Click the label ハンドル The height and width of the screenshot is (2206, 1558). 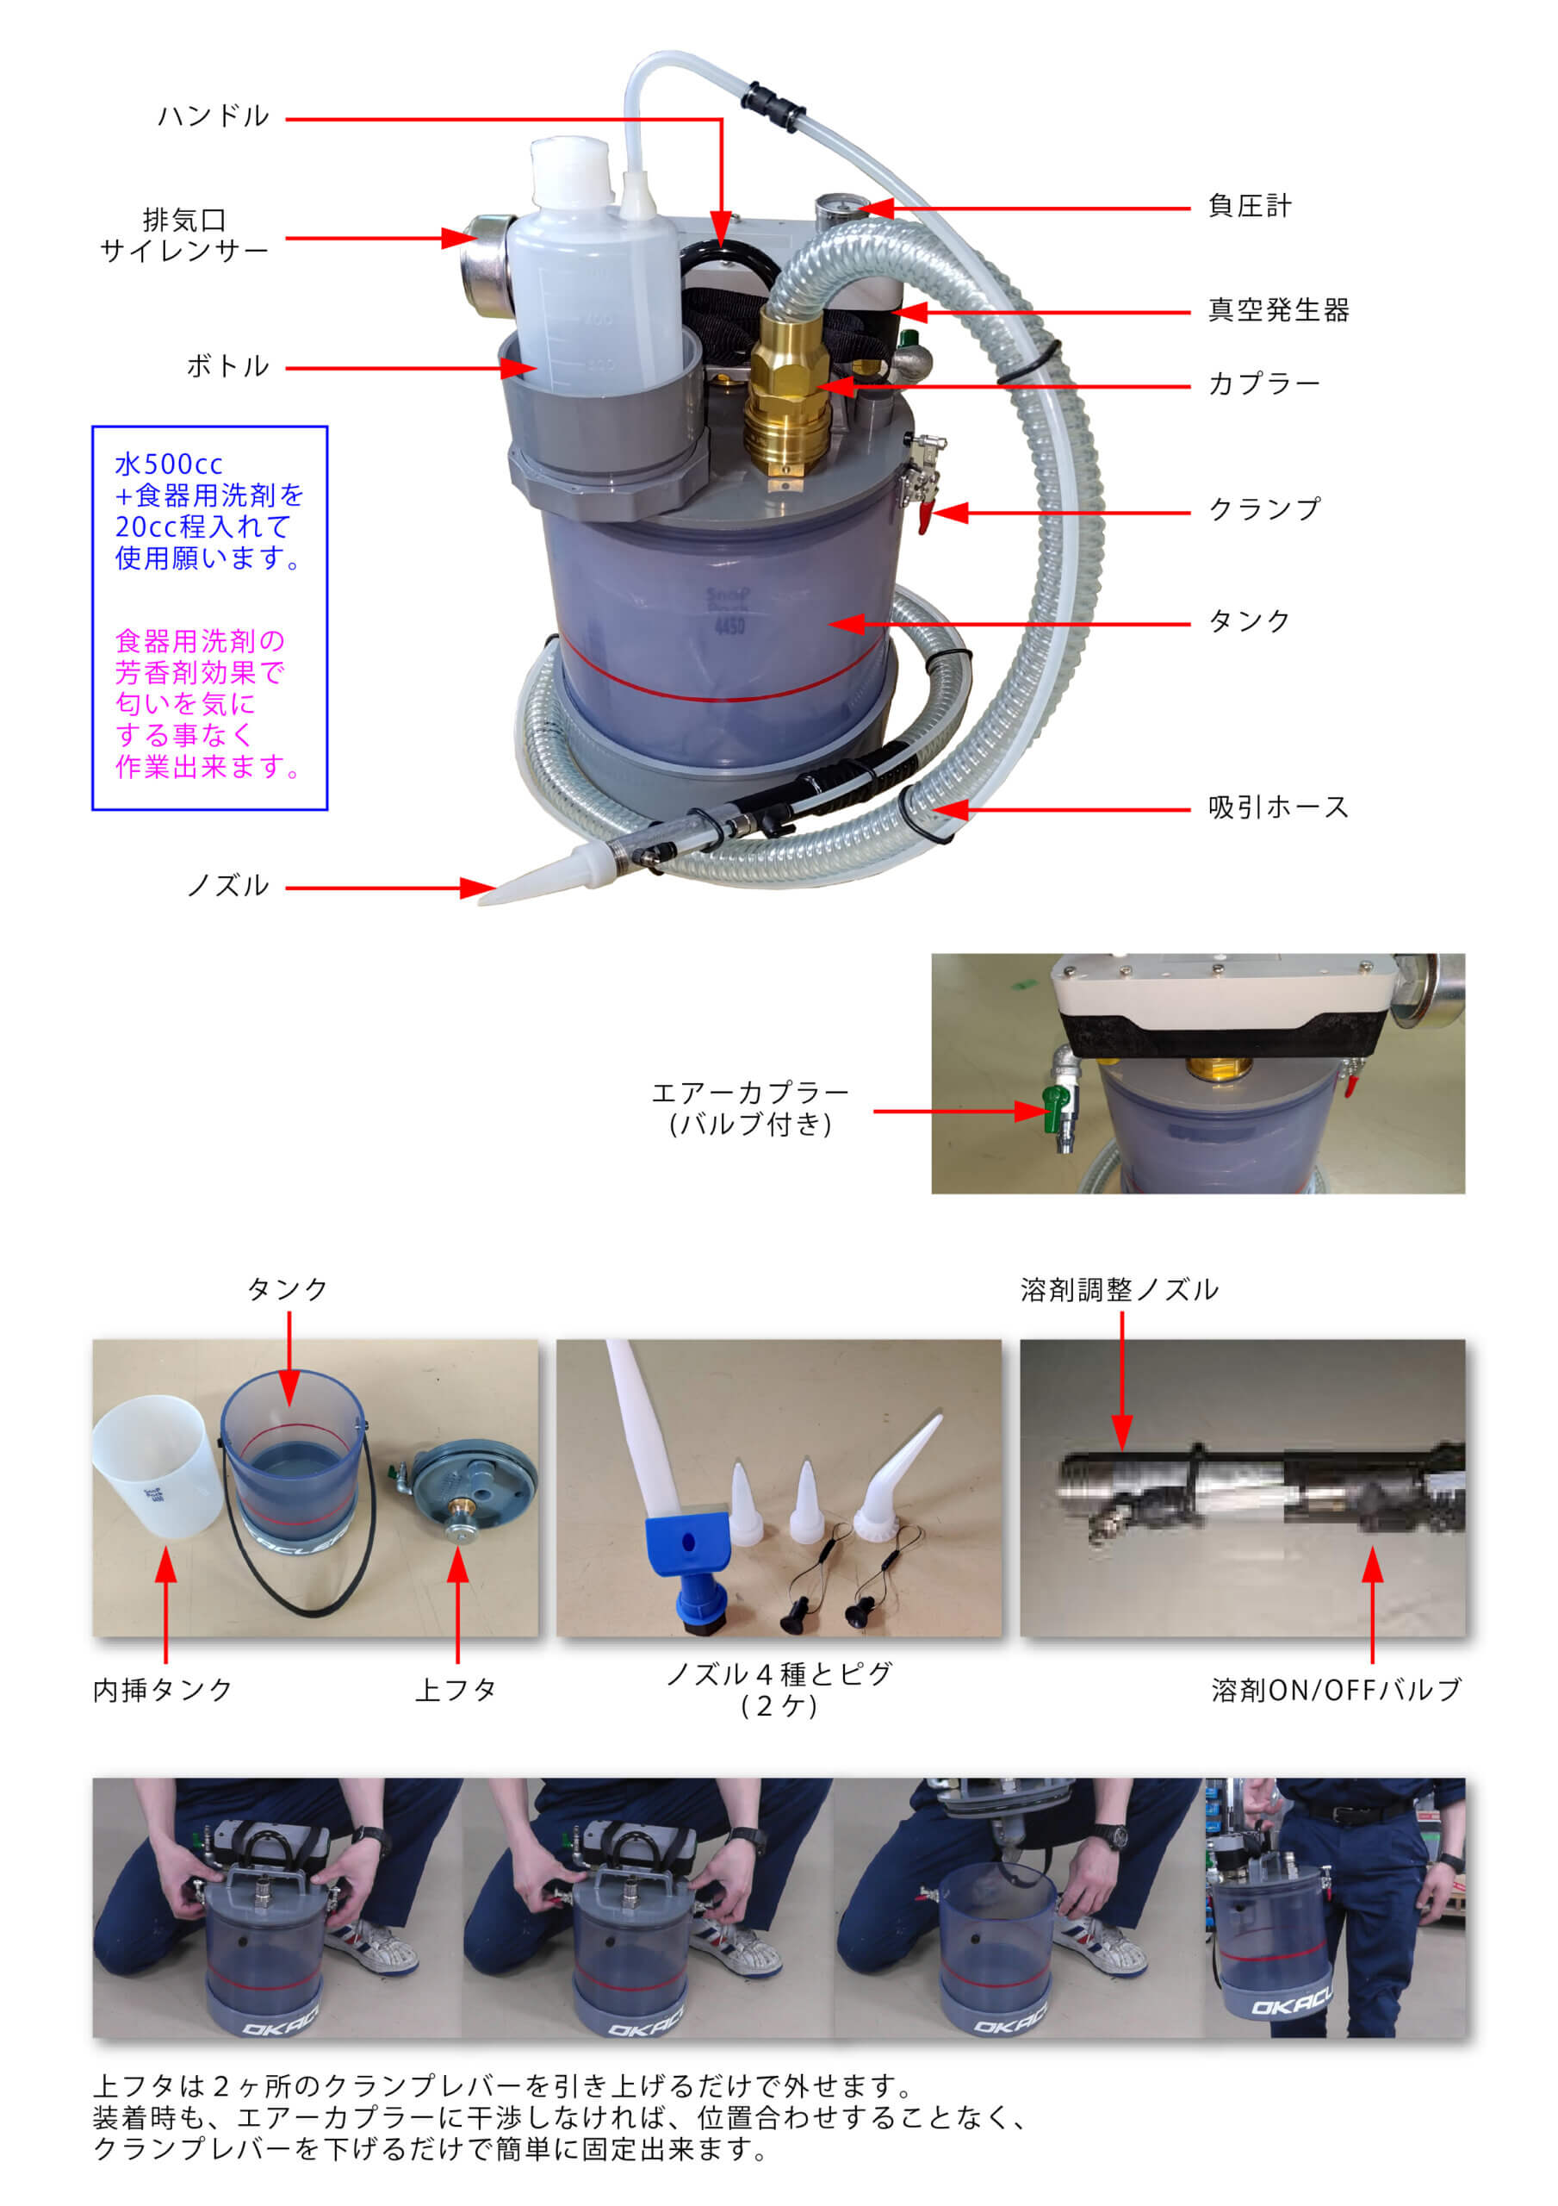pos(214,117)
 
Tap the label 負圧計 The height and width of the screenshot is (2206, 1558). pos(1249,207)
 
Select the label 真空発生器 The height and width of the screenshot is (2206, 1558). pos(1277,310)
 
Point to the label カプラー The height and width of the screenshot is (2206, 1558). pos(1263,384)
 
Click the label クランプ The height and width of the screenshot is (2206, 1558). pos(1263,509)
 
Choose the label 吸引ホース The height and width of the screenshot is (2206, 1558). pos(1277,807)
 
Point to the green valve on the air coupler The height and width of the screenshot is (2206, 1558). pos(1057,1110)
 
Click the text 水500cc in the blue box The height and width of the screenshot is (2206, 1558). pos(169,465)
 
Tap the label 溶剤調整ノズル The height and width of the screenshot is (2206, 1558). pos(1119,1289)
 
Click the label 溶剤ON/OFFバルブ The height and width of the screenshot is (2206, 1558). pos(1336,1689)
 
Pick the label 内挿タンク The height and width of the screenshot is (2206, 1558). pos(164,1689)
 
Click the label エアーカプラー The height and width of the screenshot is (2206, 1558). pos(749,1094)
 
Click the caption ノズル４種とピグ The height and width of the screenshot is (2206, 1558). pos(779,1673)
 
